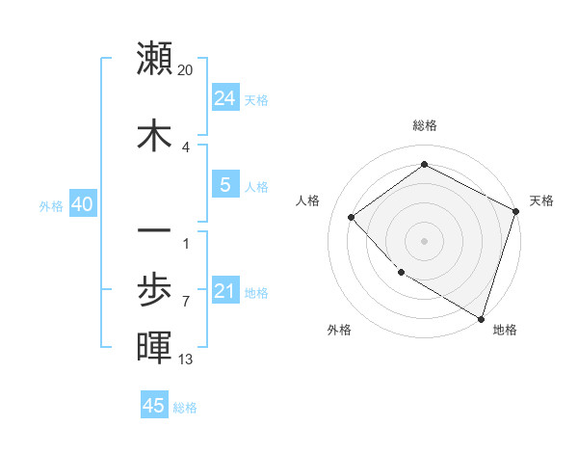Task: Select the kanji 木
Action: pyautogui.click(x=154, y=136)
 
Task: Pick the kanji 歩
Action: pyautogui.click(x=154, y=289)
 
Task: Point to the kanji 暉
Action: pyautogui.click(x=154, y=347)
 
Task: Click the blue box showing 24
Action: pyautogui.click(x=224, y=98)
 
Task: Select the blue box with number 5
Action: pyautogui.click(x=224, y=185)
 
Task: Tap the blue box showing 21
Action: pyautogui.click(x=224, y=291)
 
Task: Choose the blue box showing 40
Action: pyautogui.click(x=82, y=204)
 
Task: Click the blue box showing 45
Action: pyautogui.click(x=154, y=406)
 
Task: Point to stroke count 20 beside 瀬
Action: pyautogui.click(x=186, y=69)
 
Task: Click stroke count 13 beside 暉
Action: pyautogui.click(x=186, y=360)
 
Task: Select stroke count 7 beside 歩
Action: pyautogui.click(x=186, y=301)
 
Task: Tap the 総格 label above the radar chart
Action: pyautogui.click(x=424, y=125)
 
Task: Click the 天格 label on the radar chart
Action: pyautogui.click(x=541, y=200)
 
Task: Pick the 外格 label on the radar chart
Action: pyautogui.click(x=339, y=330)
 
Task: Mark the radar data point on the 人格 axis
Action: pyautogui.click(x=352, y=217)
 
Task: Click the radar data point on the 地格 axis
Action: pyautogui.click(x=481, y=317)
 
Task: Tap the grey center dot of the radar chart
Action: pyautogui.click(x=424, y=240)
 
